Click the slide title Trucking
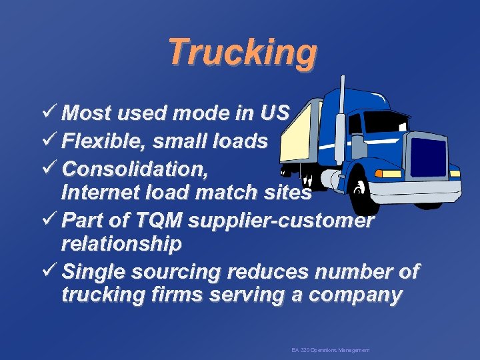(242, 52)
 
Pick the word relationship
(121, 244)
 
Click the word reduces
(273, 272)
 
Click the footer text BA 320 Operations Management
(330, 350)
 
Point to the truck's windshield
(385, 121)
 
